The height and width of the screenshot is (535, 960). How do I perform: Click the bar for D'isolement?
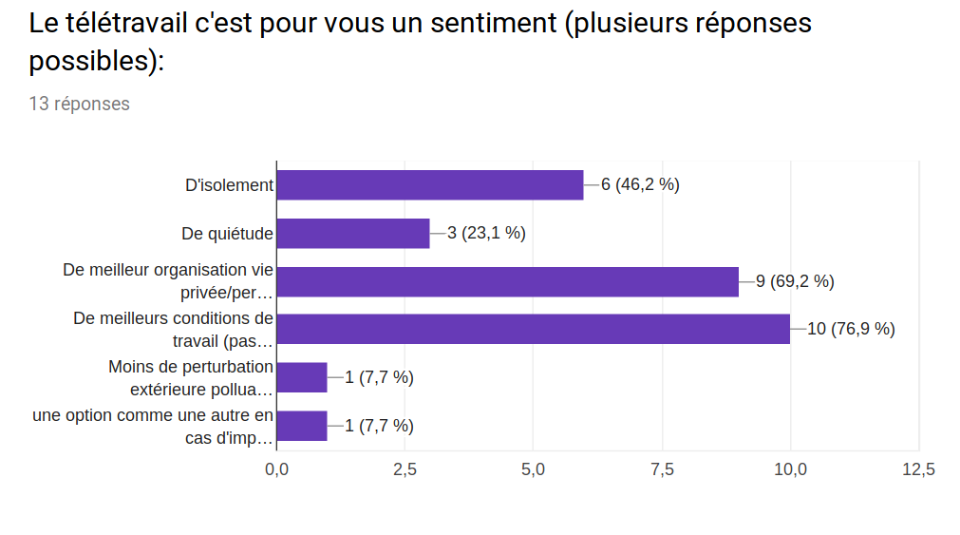pyautogui.click(x=429, y=185)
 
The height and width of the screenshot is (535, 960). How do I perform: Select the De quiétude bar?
pyautogui.click(x=352, y=233)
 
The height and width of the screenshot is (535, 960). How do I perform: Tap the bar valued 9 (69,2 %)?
pyautogui.click(x=507, y=281)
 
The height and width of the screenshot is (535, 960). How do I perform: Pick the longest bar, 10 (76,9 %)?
pyautogui.click(x=533, y=329)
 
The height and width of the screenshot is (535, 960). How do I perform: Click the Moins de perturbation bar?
pyautogui.click(x=301, y=377)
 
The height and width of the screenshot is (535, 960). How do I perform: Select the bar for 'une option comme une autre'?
pyautogui.click(x=301, y=426)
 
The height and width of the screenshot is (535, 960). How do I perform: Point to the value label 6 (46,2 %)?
pyautogui.click(x=640, y=185)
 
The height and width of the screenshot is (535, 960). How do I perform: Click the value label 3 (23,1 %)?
pyautogui.click(x=486, y=233)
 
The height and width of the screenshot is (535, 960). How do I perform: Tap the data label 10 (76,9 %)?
pyautogui.click(x=851, y=330)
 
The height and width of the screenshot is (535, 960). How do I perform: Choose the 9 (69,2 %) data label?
pyautogui.click(x=795, y=281)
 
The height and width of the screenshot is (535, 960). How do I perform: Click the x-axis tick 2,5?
pyautogui.click(x=405, y=469)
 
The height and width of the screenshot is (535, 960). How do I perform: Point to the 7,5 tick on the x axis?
pyautogui.click(x=662, y=469)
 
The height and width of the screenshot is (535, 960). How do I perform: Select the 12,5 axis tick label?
pyautogui.click(x=918, y=469)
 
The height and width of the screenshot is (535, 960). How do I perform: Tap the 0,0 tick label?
pyautogui.click(x=277, y=469)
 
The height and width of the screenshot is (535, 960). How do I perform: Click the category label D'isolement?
pyautogui.click(x=229, y=185)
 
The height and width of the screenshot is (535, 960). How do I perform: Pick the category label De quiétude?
pyautogui.click(x=227, y=233)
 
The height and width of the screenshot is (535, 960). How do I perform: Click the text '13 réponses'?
pyautogui.click(x=80, y=104)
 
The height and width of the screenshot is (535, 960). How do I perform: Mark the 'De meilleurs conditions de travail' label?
pyautogui.click(x=173, y=329)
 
